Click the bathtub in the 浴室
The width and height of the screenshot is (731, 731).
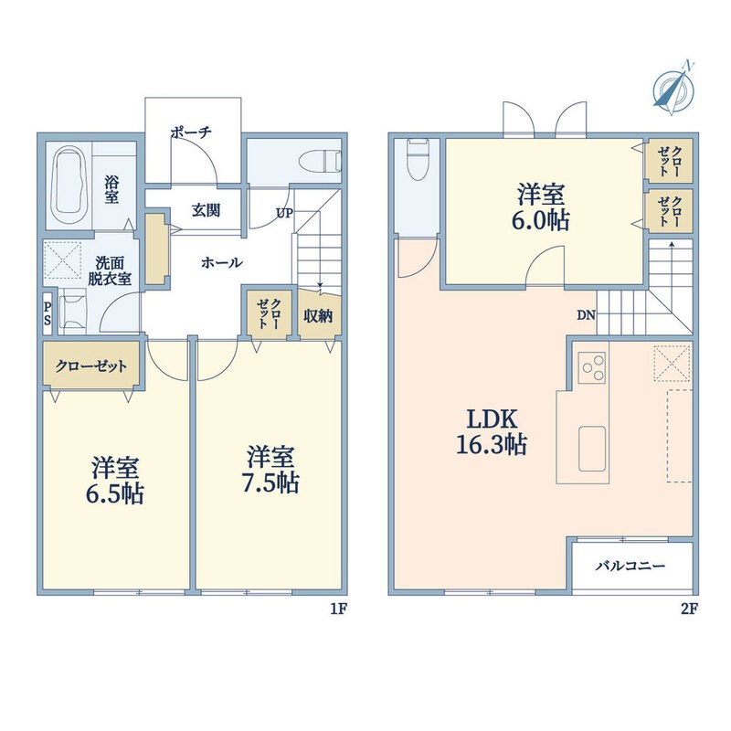pos(69,185)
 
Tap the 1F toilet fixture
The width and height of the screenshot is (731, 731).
pos(321,161)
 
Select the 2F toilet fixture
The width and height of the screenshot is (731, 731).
pos(418,159)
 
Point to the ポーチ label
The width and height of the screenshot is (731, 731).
pos(191,132)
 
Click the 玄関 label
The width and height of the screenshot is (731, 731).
pos(207,211)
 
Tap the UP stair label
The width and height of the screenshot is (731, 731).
pos(284,213)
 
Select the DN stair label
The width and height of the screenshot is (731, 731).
pos(587,315)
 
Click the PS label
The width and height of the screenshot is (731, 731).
pos(48,314)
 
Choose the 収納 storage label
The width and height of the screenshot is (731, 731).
pos(318,316)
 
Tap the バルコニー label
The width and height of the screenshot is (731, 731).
pos(630,567)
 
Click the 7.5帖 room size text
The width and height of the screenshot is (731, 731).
pos(270,483)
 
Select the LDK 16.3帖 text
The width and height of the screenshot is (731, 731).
pos(492,431)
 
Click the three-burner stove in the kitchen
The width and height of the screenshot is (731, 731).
pos(592,368)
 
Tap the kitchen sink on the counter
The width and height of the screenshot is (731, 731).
pos(592,449)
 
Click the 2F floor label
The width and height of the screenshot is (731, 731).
pos(689,609)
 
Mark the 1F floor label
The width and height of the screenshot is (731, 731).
pos(338,609)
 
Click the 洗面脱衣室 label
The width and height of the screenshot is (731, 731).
pos(110,270)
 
